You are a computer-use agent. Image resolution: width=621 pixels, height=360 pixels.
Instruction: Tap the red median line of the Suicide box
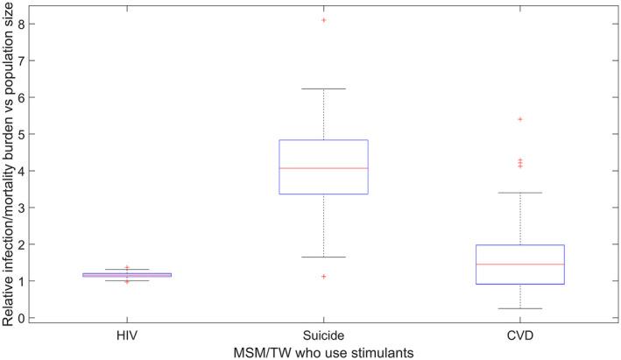(323, 168)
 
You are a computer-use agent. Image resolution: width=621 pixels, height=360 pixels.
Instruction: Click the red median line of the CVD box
(520, 264)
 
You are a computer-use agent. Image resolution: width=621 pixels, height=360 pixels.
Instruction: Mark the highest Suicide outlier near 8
(323, 19)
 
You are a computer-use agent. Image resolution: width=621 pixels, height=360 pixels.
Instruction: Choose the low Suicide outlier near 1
(323, 277)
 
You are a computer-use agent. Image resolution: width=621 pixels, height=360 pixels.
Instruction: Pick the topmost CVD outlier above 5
(520, 119)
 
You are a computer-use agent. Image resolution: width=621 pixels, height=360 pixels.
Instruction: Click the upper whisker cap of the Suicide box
(323, 89)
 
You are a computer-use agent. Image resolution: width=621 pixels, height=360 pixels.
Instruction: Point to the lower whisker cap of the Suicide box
(323, 258)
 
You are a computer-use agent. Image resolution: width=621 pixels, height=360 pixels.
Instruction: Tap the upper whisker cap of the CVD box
(520, 193)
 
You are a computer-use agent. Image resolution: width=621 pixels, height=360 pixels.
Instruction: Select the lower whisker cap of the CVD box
(520, 308)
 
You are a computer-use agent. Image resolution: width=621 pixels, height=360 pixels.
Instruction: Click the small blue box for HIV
(127, 275)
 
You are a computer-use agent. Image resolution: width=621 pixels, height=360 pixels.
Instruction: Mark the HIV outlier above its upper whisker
(127, 267)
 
